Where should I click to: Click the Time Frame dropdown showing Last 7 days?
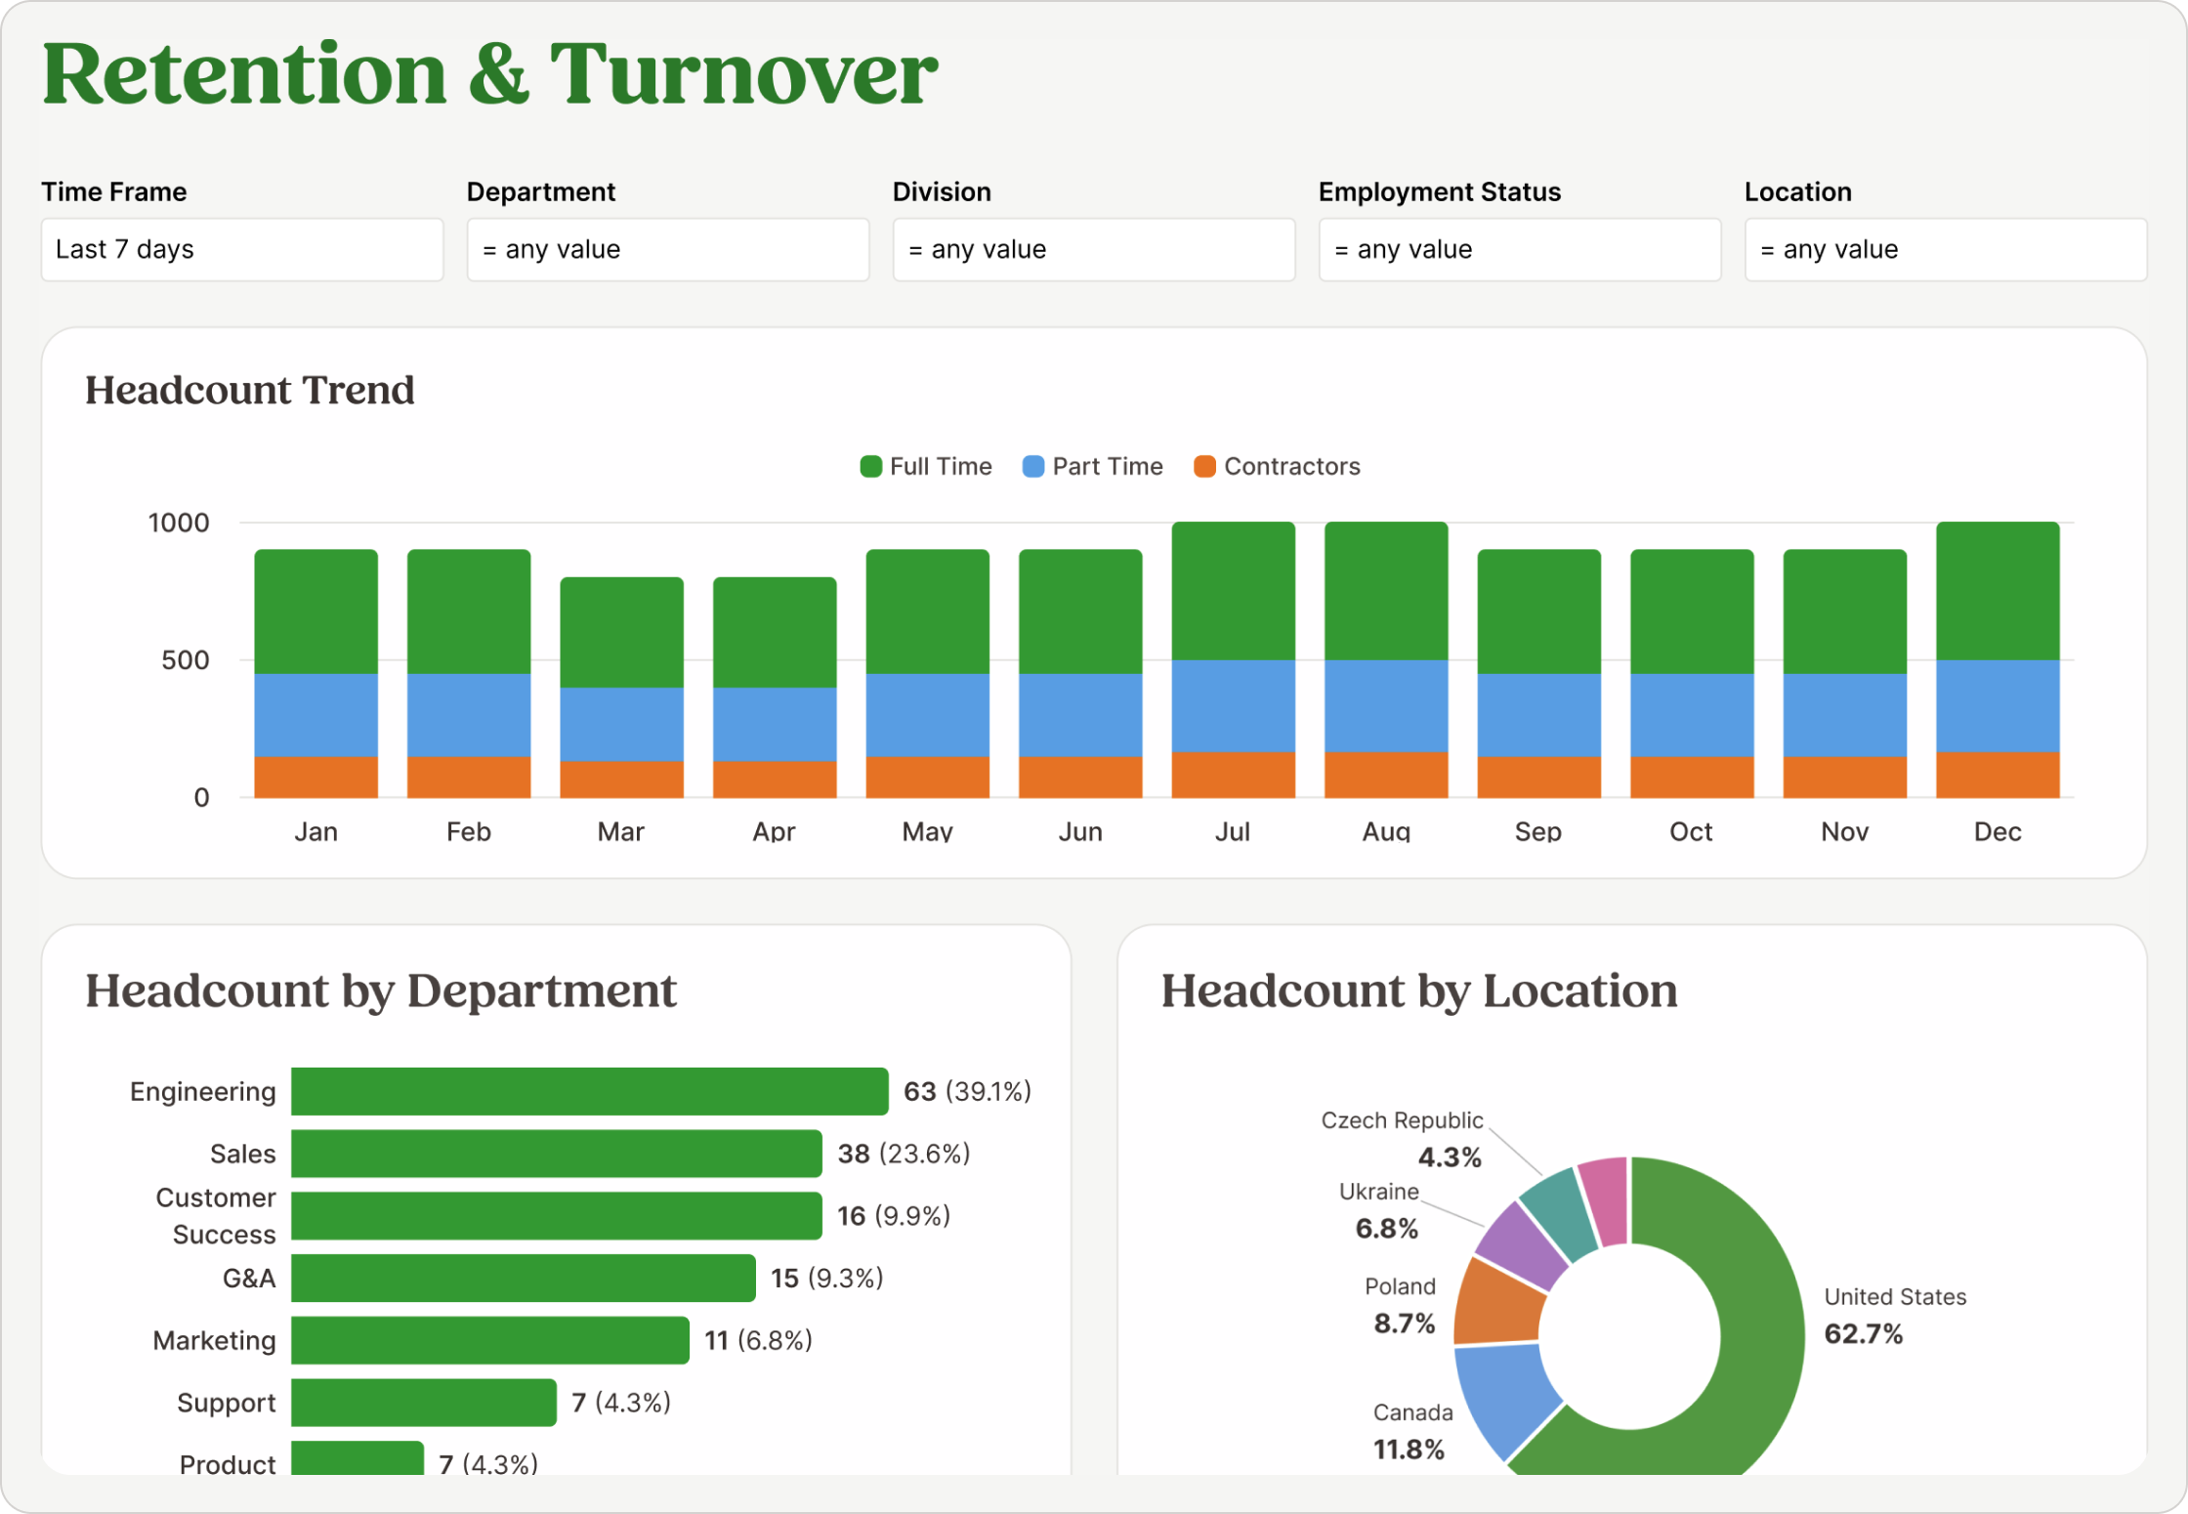[241, 250]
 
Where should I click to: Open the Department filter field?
[667, 250]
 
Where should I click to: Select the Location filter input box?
[1945, 250]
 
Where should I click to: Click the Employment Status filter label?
[1439, 191]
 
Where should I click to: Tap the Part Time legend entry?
[1092, 467]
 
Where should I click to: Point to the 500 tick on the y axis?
[185, 660]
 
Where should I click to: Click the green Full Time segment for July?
[1233, 591]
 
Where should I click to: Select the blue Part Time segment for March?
[621, 724]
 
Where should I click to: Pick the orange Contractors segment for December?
[1997, 775]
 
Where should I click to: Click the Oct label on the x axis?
[1690, 831]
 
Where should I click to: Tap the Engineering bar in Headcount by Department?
[589, 1091]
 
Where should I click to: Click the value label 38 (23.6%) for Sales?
[903, 1154]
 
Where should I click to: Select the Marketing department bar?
[489, 1340]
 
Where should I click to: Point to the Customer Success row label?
[217, 1216]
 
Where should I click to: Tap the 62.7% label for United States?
[1863, 1334]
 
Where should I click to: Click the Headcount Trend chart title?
[249, 391]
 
